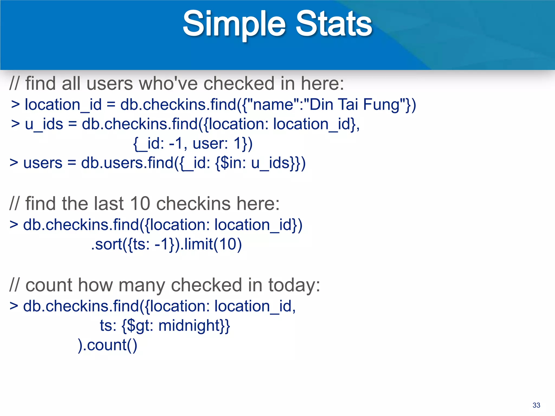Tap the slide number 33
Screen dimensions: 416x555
click(x=536, y=405)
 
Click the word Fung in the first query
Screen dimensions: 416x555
click(x=381, y=105)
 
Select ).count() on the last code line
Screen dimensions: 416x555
click(x=107, y=345)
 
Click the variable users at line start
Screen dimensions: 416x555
click(x=43, y=163)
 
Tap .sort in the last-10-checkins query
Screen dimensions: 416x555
click(x=107, y=244)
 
